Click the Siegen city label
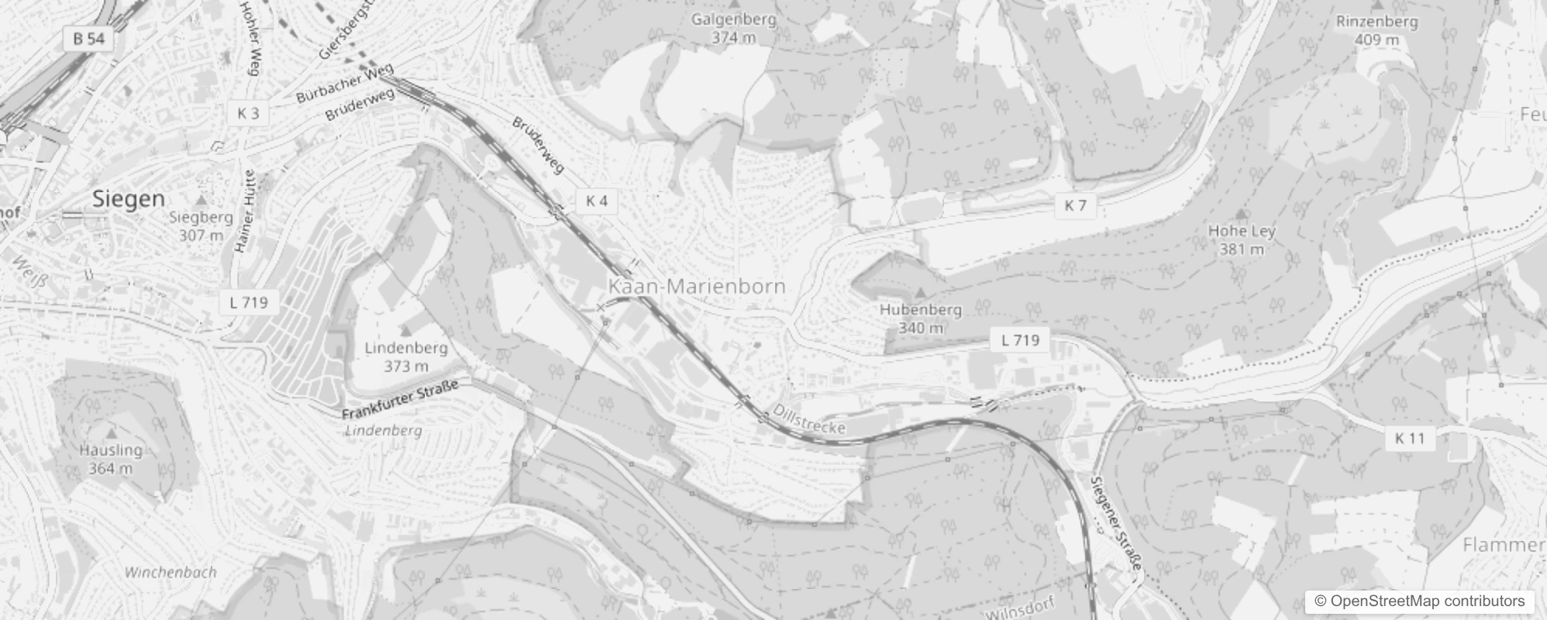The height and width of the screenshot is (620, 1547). [129, 199]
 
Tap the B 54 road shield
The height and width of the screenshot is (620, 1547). [89, 39]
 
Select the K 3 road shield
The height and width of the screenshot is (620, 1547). [248, 113]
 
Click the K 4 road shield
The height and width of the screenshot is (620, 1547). [597, 201]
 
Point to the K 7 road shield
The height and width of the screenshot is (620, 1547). [1075, 205]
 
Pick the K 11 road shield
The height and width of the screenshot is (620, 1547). [1410, 438]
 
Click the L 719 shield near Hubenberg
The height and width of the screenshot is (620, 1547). [1020, 339]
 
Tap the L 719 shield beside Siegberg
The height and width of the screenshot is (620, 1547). [249, 302]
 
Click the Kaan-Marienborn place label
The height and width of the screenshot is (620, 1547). [696, 286]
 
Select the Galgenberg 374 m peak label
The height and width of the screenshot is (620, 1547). [733, 28]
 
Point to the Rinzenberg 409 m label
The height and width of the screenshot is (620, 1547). [1376, 30]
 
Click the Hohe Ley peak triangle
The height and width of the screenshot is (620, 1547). [1242, 212]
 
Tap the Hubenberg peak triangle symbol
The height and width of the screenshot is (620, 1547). [920, 293]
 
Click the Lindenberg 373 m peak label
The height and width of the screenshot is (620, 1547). [406, 356]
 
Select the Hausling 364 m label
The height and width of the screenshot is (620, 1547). [111, 458]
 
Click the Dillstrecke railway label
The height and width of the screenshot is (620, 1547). [809, 419]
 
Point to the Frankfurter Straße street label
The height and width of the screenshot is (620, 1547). [400, 400]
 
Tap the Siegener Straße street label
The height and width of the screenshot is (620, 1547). [1116, 523]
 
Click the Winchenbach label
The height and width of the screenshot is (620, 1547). [171, 573]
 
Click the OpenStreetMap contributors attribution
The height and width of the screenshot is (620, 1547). [1418, 601]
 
